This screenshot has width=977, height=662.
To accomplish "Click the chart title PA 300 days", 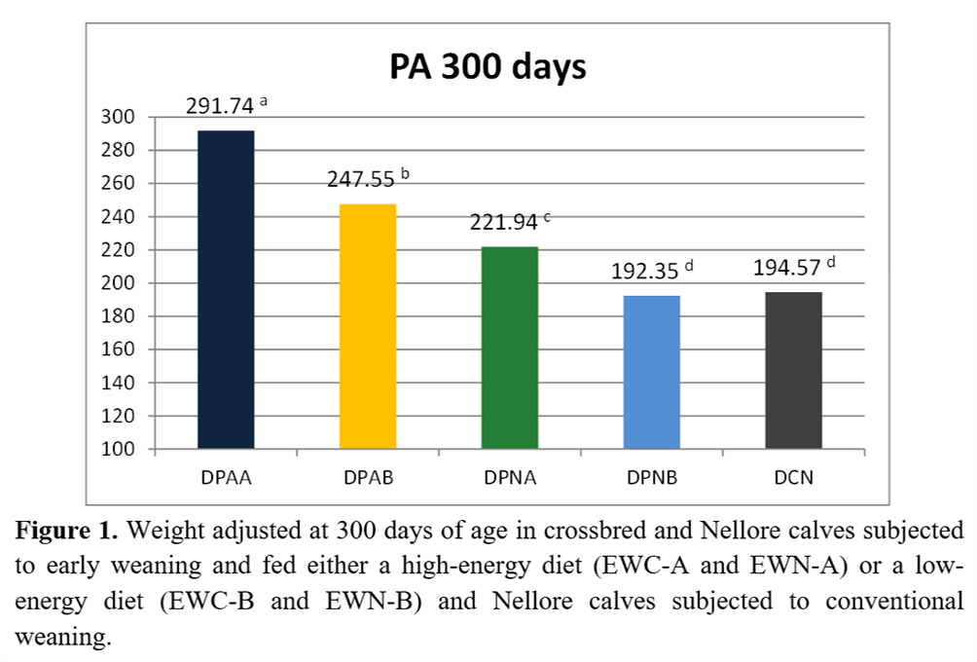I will [488, 68].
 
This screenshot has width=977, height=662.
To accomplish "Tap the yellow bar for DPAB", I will [367, 326].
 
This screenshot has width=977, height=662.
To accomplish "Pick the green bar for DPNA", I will [509, 348].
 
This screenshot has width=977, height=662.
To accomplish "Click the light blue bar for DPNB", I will [651, 372].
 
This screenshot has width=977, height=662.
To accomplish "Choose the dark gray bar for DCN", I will [794, 370].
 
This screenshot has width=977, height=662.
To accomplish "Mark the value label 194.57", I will [787, 268].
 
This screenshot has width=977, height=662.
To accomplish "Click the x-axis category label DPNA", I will [509, 479].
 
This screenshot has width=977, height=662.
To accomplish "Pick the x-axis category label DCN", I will [794, 479].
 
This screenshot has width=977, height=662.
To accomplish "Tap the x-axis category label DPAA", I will [225, 479].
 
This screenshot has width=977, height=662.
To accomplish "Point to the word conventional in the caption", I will [893, 601].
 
